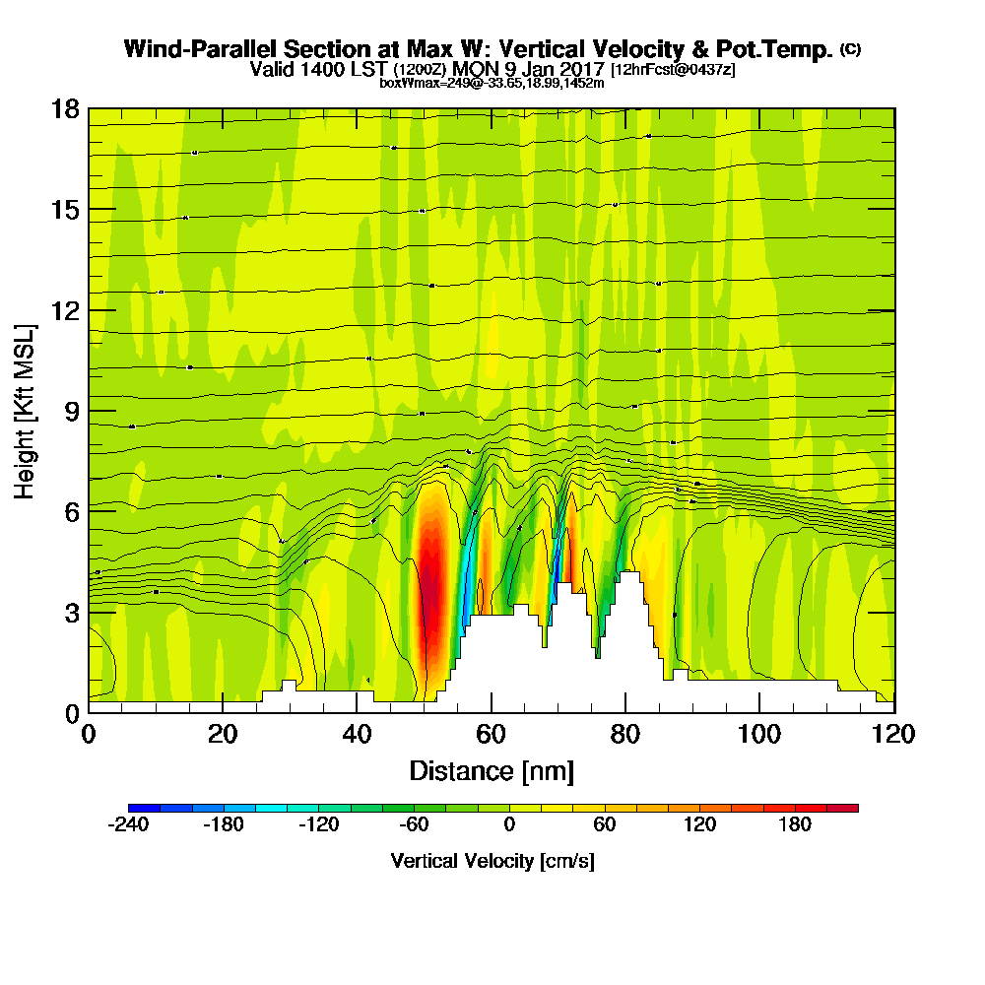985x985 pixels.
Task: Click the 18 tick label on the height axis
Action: (64, 108)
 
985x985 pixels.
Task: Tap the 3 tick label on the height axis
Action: (70, 613)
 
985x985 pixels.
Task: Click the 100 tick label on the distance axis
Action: (760, 734)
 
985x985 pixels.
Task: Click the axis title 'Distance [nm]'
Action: (492, 770)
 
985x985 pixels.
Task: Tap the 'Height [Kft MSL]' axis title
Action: (25, 411)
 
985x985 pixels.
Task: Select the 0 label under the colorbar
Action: (509, 825)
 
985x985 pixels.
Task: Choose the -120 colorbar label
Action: (318, 825)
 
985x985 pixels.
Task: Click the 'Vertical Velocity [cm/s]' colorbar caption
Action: (492, 861)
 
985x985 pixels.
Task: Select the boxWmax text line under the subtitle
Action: (492, 83)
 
